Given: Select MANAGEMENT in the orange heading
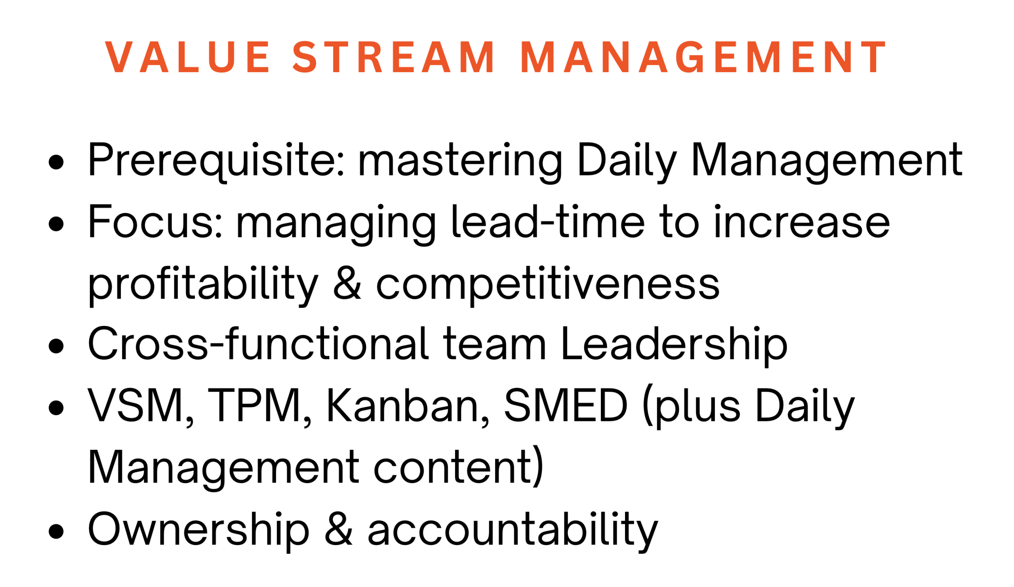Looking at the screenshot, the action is point(703,57).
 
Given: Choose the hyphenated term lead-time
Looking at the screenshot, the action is point(548,221).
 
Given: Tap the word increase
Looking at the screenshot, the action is point(802,222).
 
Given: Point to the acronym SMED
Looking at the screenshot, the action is point(565,406).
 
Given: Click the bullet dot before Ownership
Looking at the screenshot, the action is point(56,531).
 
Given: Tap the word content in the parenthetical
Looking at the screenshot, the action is point(454,467).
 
